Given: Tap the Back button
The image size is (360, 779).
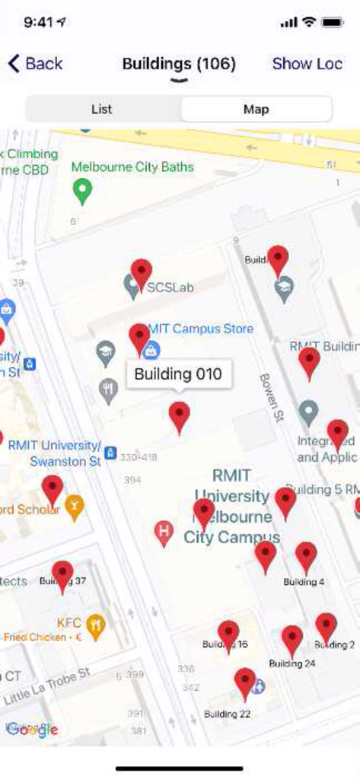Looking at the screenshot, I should [x=35, y=63].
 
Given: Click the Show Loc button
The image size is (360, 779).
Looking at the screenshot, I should [x=307, y=63].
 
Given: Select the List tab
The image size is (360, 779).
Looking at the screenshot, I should [x=102, y=110].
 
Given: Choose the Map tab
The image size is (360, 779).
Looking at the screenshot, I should [x=256, y=110].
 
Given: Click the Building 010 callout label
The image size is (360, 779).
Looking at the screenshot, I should [x=178, y=374].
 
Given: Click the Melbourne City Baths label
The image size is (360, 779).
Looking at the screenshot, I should [x=132, y=167].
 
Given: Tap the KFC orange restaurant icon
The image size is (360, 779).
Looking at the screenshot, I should [x=95, y=625].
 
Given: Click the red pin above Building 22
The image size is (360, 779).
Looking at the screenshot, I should [x=244, y=682].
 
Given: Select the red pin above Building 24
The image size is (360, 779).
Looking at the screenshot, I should [x=292, y=639].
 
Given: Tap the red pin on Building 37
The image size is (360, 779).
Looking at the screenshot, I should [x=62, y=575].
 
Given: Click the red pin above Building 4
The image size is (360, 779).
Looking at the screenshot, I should [x=306, y=556].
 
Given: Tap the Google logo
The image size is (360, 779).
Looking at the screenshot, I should [x=32, y=730].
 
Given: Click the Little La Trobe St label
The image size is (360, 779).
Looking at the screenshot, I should [x=47, y=686].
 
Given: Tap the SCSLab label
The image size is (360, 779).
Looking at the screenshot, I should [x=170, y=288].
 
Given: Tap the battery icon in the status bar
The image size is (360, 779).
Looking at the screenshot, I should [x=333, y=22].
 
